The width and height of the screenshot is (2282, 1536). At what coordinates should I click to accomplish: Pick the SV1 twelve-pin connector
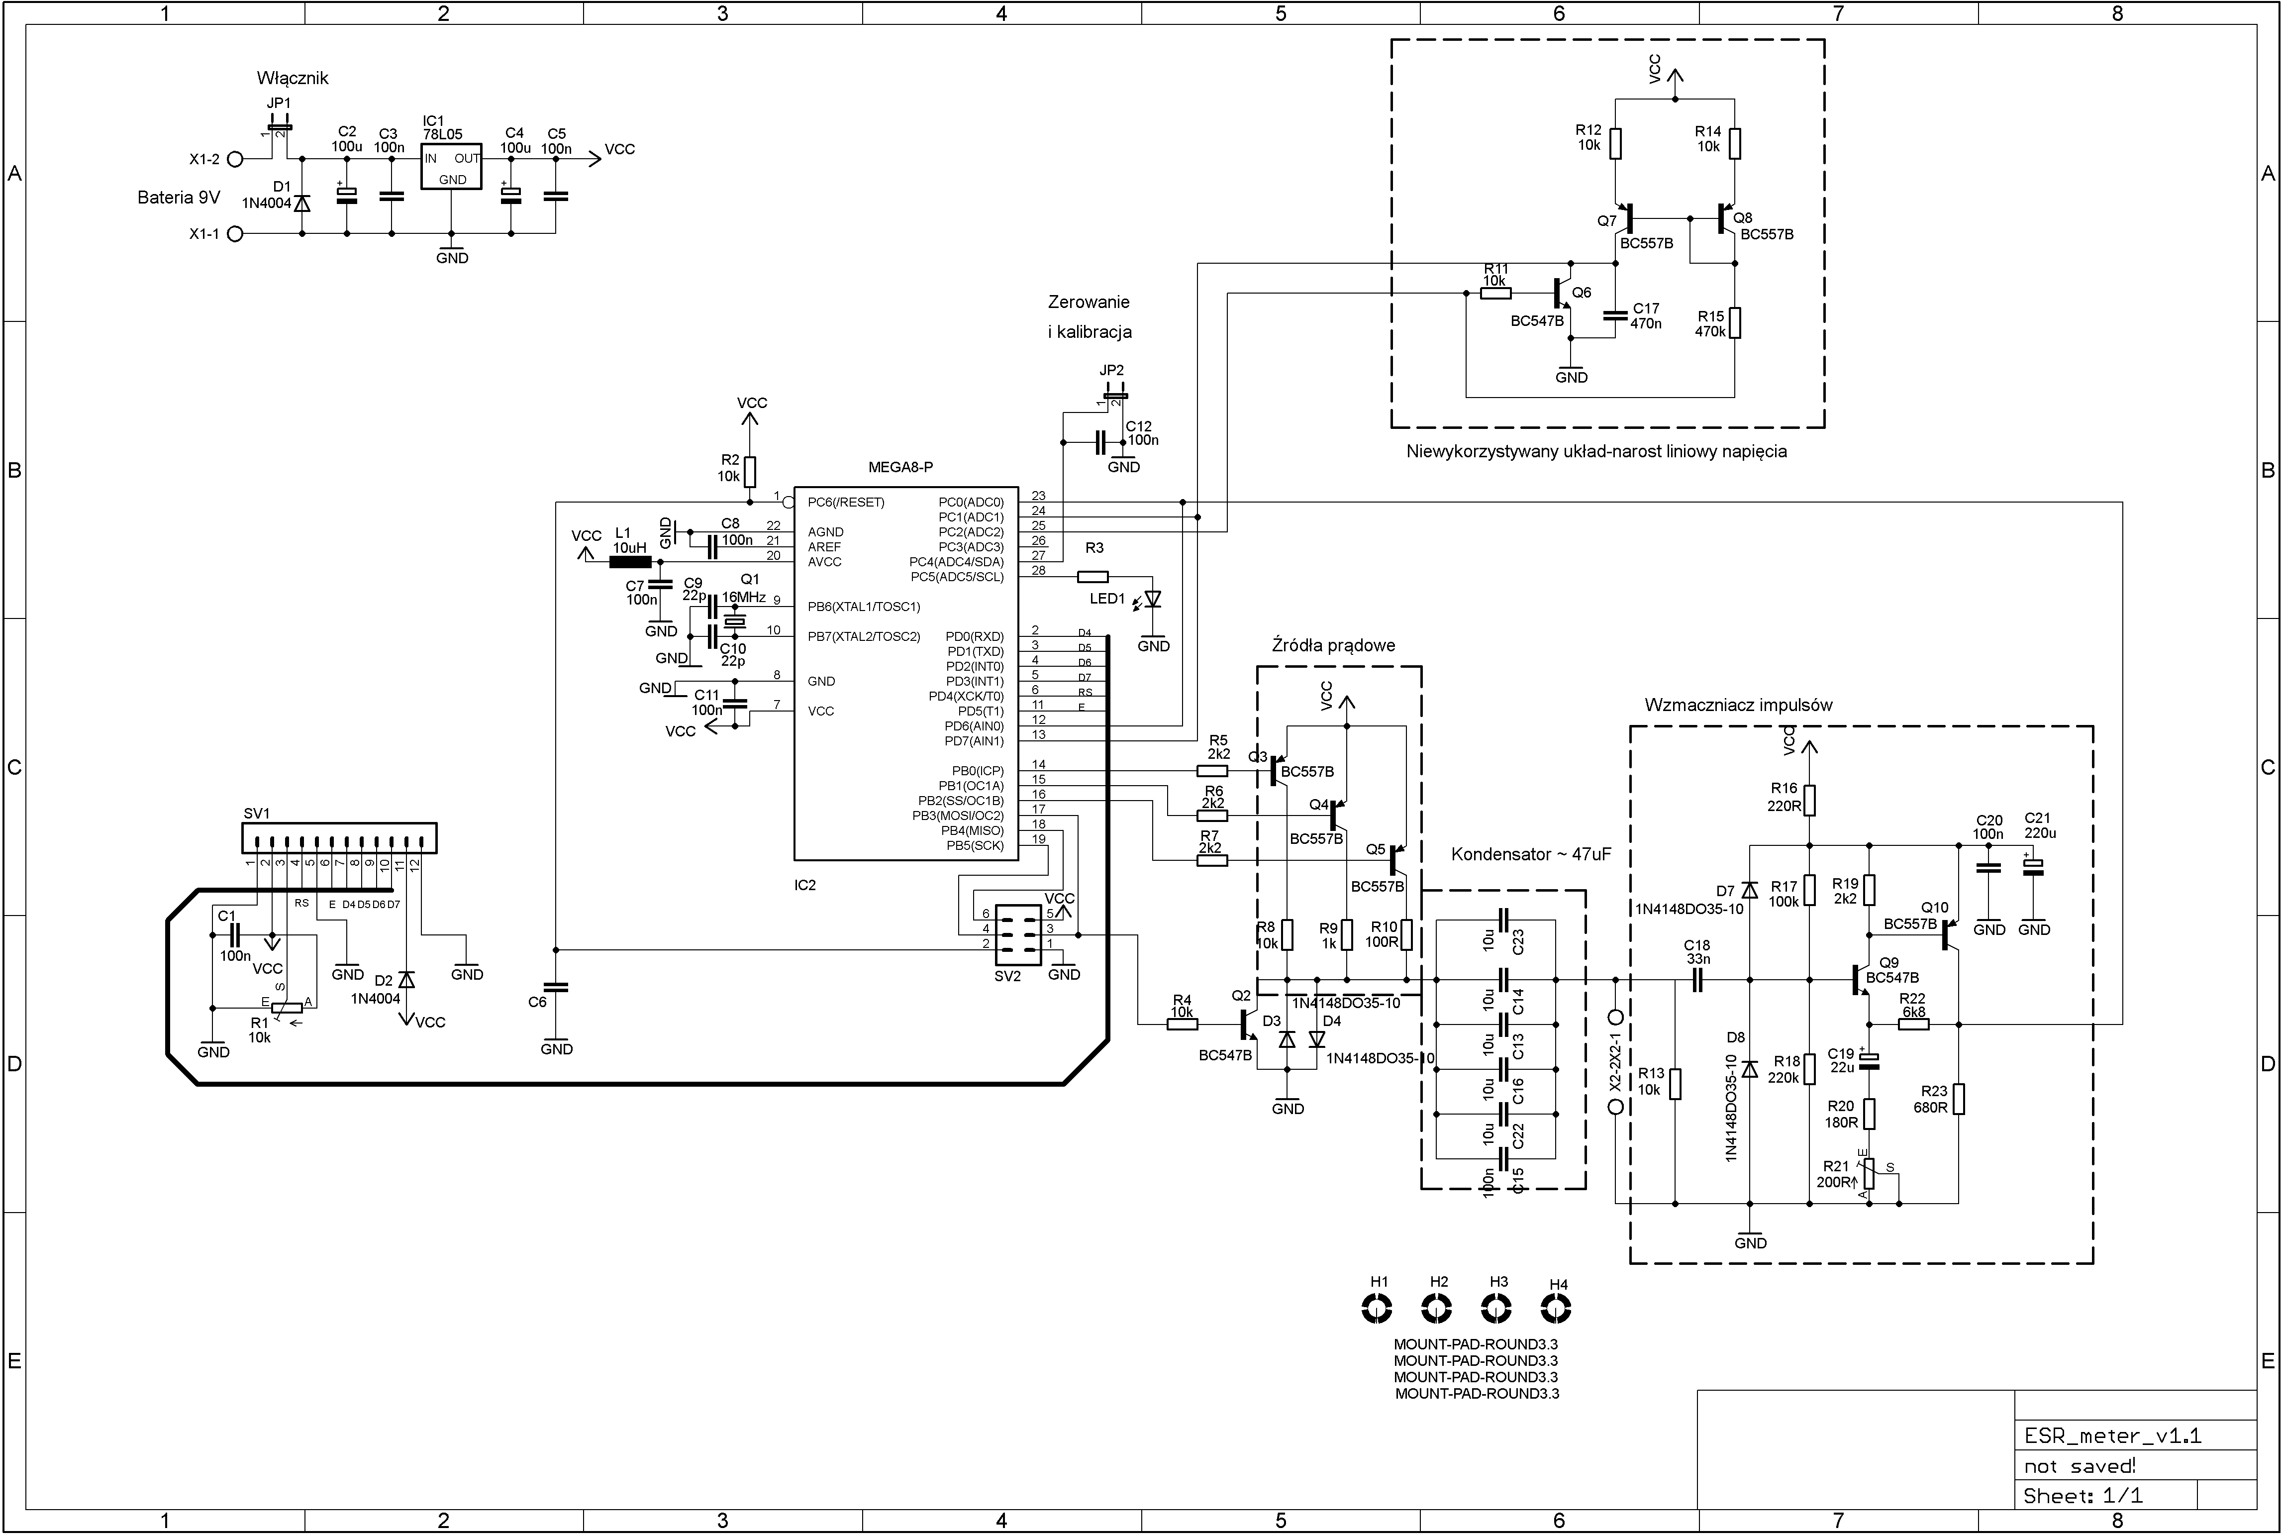tap(339, 838)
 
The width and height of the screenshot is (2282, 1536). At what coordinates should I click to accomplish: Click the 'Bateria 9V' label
tap(178, 198)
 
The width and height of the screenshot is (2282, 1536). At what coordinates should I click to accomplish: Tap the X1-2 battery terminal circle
tap(235, 159)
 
